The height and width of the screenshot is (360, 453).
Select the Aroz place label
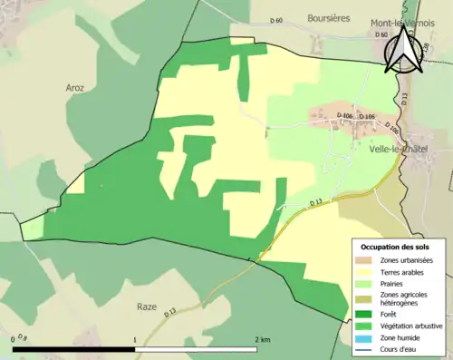pyautogui.click(x=74, y=88)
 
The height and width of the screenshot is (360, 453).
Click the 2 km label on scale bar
pyautogui.click(x=263, y=339)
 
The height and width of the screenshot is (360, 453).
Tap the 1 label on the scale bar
pyautogui.click(x=136, y=339)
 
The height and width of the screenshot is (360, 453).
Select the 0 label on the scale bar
pyautogui.click(x=14, y=339)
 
